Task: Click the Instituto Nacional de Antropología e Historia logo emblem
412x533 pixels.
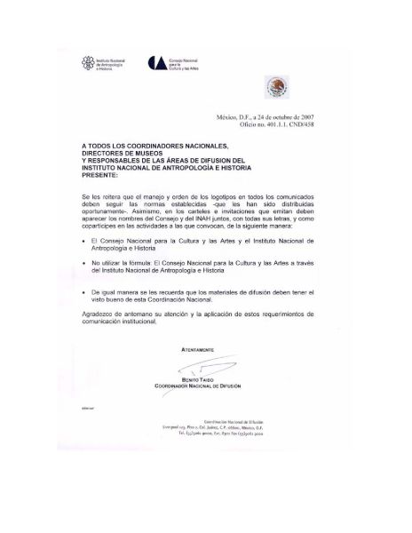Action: pos(87,62)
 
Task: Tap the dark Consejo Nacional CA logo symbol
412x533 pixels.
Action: pos(156,61)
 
